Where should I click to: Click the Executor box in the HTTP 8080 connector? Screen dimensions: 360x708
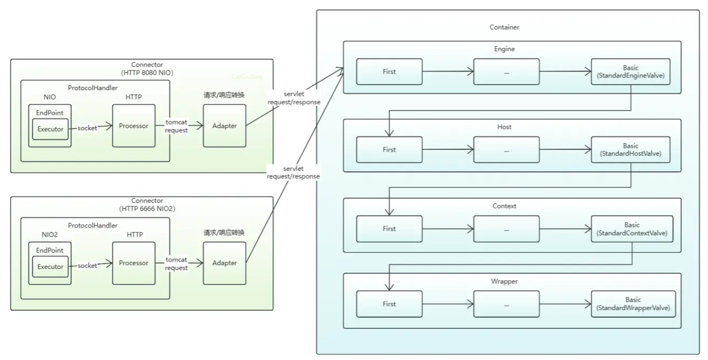[x=51, y=129]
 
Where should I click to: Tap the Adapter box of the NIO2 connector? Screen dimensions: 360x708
[x=224, y=263]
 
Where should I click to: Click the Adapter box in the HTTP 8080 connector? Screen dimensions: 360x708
[x=224, y=126]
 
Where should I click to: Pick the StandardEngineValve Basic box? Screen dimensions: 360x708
[x=631, y=71]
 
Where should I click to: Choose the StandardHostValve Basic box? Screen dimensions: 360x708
[x=631, y=150]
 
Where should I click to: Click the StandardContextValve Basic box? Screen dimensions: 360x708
[x=631, y=229]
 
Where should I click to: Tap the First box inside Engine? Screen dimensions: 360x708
[x=389, y=72]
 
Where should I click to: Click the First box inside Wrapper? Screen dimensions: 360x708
[x=389, y=304]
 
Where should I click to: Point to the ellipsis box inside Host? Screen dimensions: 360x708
[x=506, y=150]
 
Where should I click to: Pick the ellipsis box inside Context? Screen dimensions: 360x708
[x=506, y=229]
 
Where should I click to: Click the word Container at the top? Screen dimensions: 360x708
[x=505, y=28]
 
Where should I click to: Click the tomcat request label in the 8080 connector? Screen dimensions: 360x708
[x=177, y=126]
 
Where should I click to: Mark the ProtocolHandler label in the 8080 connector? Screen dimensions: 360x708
[x=93, y=87]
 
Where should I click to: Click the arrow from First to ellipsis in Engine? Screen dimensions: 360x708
[x=448, y=72]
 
